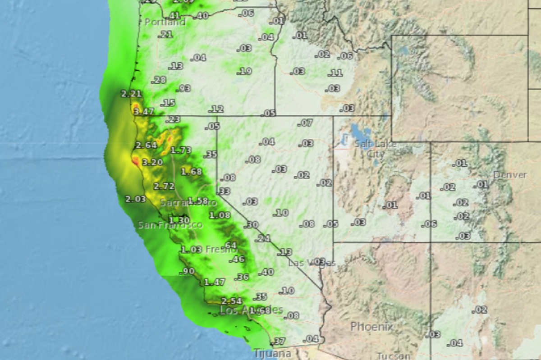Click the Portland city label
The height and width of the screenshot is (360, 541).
click(165, 22)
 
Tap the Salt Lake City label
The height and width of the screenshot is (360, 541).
click(375, 149)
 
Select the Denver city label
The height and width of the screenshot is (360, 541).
click(510, 175)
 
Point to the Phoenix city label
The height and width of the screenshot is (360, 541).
click(372, 327)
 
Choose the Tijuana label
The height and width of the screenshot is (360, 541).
click(272, 354)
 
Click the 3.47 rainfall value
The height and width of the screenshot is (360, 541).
click(144, 111)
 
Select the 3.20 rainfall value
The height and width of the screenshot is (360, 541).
click(152, 162)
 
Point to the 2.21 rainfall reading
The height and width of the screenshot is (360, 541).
click(131, 94)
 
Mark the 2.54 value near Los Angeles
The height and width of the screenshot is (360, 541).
click(232, 301)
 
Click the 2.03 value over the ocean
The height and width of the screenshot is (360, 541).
click(135, 199)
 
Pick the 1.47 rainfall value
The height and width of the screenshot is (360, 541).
click(214, 283)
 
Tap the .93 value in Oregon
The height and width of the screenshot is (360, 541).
click(184, 88)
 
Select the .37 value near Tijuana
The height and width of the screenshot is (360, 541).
click(280, 341)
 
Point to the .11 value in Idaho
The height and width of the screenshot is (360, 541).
click(336, 73)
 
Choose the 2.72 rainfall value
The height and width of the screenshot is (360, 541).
click(164, 186)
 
